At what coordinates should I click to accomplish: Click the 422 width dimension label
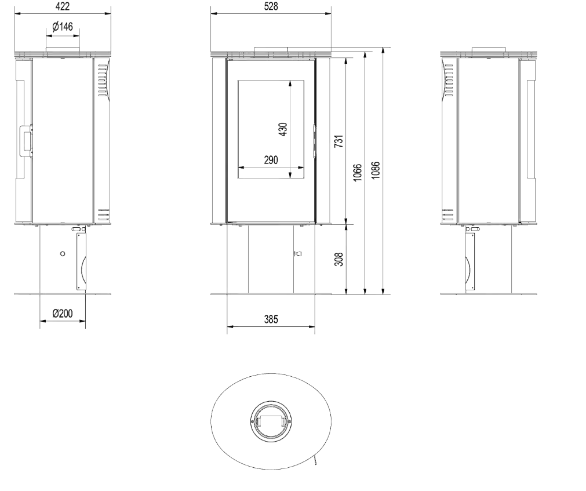(63, 7)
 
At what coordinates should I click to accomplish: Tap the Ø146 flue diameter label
(63, 27)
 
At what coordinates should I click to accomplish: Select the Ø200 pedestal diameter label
(63, 314)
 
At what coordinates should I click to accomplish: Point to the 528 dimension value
(271, 7)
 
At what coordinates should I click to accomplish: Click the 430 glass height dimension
(283, 129)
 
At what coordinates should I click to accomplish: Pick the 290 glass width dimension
(271, 160)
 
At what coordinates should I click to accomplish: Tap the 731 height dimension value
(339, 141)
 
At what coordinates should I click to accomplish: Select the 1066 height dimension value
(358, 172)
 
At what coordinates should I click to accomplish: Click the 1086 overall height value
(376, 170)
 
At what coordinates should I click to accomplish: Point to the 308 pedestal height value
(339, 259)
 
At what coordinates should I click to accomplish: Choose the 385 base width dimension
(271, 319)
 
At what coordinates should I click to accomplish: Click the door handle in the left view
(26, 140)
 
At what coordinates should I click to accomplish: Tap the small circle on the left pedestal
(63, 254)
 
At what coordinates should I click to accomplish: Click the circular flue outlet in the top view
(271, 421)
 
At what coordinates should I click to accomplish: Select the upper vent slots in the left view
(103, 81)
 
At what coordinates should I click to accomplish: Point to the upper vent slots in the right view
(449, 81)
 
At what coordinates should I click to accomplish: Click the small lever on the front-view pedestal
(297, 254)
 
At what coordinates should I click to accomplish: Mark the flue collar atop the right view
(489, 49)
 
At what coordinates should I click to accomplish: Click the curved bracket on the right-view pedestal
(468, 270)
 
